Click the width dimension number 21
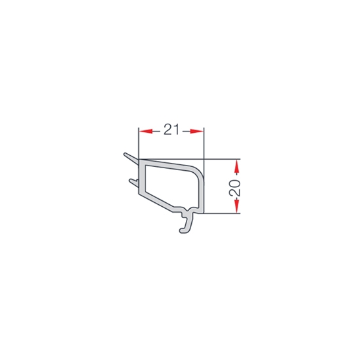(171, 130)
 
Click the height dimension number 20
(235, 188)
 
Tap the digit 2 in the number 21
(168, 130)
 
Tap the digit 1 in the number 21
(176, 130)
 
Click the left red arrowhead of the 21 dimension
(146, 132)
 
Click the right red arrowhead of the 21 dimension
(197, 132)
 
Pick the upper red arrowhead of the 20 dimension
(237, 166)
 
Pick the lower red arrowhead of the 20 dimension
(237, 206)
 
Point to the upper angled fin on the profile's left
(131, 158)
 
